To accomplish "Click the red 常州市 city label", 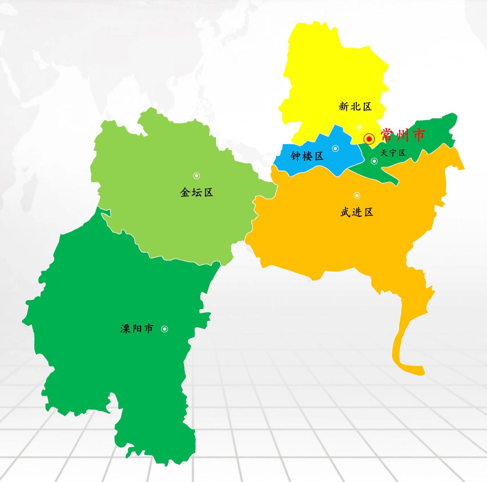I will (x=403, y=135).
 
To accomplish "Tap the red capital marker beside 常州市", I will (x=369, y=139).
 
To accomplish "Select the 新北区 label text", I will (x=355, y=107).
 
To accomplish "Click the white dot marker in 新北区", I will (x=360, y=127).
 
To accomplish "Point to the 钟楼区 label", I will (x=307, y=156).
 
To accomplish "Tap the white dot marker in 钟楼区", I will (x=335, y=148).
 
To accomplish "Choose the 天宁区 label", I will (x=393, y=153).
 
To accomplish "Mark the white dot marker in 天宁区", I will (x=374, y=161).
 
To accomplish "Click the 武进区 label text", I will (x=357, y=212).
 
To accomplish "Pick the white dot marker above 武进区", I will (x=357, y=195).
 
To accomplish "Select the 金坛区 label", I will (x=197, y=193).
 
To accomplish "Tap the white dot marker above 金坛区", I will (x=197, y=176).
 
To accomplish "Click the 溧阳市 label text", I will (x=137, y=329).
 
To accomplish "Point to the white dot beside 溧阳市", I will (x=165, y=329).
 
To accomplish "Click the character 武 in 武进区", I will (x=345, y=212).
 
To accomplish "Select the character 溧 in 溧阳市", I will (x=125, y=329).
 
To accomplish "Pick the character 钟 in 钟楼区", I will (x=296, y=156).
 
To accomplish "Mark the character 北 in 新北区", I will (x=355, y=107).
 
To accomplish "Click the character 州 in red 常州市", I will (x=403, y=135).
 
